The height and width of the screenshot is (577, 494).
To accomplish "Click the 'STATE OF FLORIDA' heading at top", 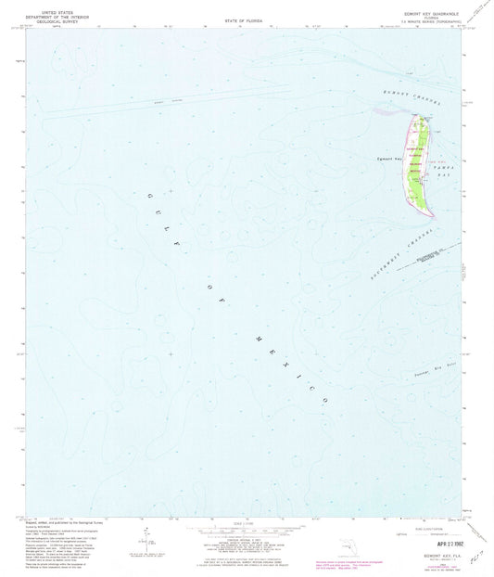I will click(246, 19).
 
